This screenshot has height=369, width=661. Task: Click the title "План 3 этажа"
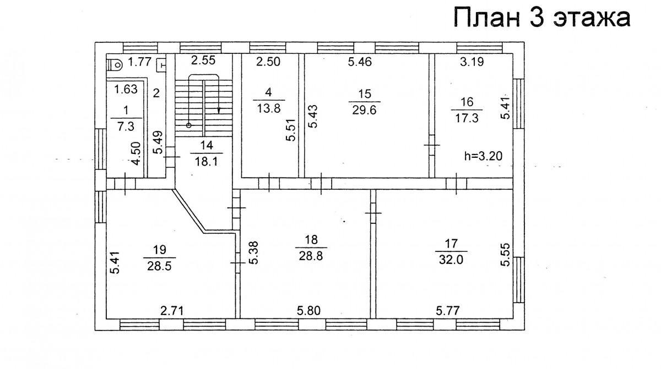point(542,18)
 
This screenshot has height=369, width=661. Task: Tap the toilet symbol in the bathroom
point(115,64)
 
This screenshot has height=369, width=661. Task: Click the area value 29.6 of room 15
point(365,110)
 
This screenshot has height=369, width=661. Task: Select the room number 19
point(160,250)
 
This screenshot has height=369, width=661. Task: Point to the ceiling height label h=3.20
point(484,156)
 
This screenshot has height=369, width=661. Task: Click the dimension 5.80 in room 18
point(308,311)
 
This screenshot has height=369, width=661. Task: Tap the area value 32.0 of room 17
point(451,260)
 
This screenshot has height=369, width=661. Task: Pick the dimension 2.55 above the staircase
point(203,60)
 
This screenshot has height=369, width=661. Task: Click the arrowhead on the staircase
point(219,111)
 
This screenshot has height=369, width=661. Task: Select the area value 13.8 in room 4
point(269,109)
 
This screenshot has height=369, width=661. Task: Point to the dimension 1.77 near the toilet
point(139,62)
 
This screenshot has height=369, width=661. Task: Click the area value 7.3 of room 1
point(126,126)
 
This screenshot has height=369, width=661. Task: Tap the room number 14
point(207,145)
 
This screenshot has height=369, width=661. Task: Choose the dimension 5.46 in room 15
point(360,62)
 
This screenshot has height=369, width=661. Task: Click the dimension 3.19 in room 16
point(472,62)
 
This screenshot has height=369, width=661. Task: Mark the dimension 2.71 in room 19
point(172,311)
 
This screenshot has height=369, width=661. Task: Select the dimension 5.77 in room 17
point(448,311)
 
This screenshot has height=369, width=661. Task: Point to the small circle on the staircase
point(189,125)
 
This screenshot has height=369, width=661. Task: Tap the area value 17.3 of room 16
point(467,118)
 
